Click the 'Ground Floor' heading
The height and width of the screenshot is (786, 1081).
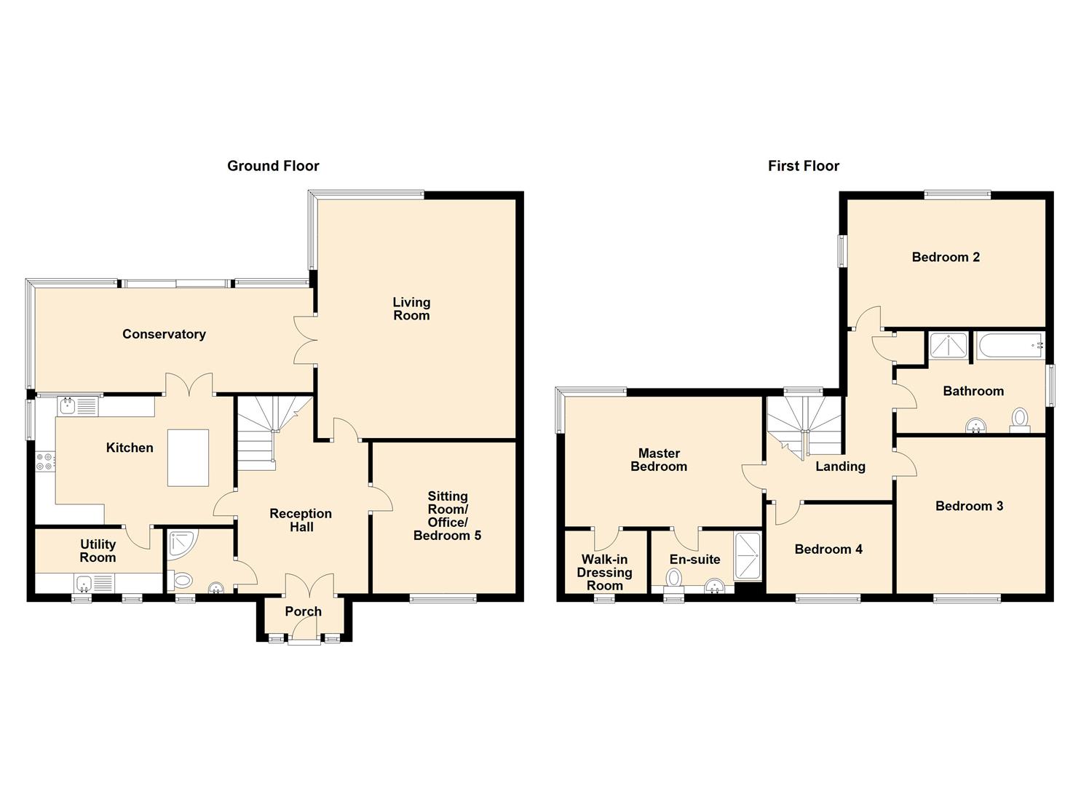click(273, 166)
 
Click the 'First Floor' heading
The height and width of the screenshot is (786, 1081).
click(803, 166)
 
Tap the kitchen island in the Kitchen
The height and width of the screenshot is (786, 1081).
click(188, 458)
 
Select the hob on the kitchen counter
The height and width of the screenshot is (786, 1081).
click(44, 461)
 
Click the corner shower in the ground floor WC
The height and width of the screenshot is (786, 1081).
click(180, 542)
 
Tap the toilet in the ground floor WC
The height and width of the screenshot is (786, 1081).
click(182, 581)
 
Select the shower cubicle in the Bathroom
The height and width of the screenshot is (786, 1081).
click(949, 346)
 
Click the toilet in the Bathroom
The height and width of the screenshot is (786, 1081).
click(1020, 418)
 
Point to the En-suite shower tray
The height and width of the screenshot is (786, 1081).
click(748, 557)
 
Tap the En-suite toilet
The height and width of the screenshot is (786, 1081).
click(674, 578)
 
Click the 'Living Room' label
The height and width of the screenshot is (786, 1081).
click(411, 309)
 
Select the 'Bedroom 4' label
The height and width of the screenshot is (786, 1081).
click(828, 549)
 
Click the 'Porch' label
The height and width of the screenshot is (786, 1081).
click(303, 611)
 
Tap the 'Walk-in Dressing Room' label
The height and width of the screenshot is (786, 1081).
click(604, 572)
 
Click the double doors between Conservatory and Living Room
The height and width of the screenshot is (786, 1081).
click(305, 339)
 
